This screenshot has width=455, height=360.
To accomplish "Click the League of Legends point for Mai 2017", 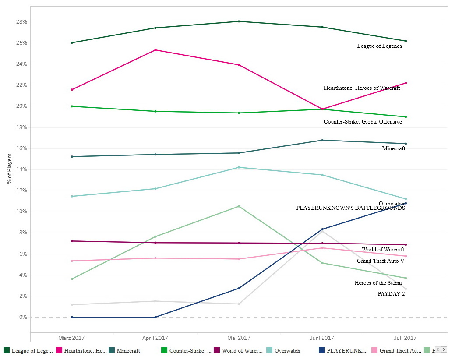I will (239, 21).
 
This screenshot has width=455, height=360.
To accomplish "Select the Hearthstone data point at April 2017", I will (155, 50).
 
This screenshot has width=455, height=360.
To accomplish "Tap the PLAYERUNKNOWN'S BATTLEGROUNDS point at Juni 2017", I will (322, 229).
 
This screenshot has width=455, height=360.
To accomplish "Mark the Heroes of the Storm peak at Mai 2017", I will (239, 206).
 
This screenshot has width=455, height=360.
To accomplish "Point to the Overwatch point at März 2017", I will (72, 196).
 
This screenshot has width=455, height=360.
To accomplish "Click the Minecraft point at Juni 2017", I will (322, 140).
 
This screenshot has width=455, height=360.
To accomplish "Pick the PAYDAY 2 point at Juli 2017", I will (406, 289).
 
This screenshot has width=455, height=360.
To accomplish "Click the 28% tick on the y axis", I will (22, 22).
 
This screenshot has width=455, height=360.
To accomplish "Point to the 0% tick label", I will (22, 317).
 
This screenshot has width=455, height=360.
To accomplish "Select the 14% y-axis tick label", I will (22, 169).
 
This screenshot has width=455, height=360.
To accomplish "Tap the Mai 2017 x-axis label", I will (239, 338).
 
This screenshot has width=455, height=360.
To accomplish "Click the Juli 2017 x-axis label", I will (406, 338).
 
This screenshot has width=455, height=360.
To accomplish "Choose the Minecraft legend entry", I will (128, 350).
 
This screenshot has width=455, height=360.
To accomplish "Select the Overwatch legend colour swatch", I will (269, 350).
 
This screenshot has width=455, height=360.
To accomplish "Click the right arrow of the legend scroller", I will (444, 349).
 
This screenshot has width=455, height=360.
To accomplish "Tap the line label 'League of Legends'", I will (379, 46).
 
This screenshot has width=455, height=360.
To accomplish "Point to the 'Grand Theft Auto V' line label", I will (380, 261).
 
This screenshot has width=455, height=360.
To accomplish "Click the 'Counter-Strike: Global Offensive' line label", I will (363, 122).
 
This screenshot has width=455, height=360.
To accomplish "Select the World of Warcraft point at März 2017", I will (72, 241).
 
